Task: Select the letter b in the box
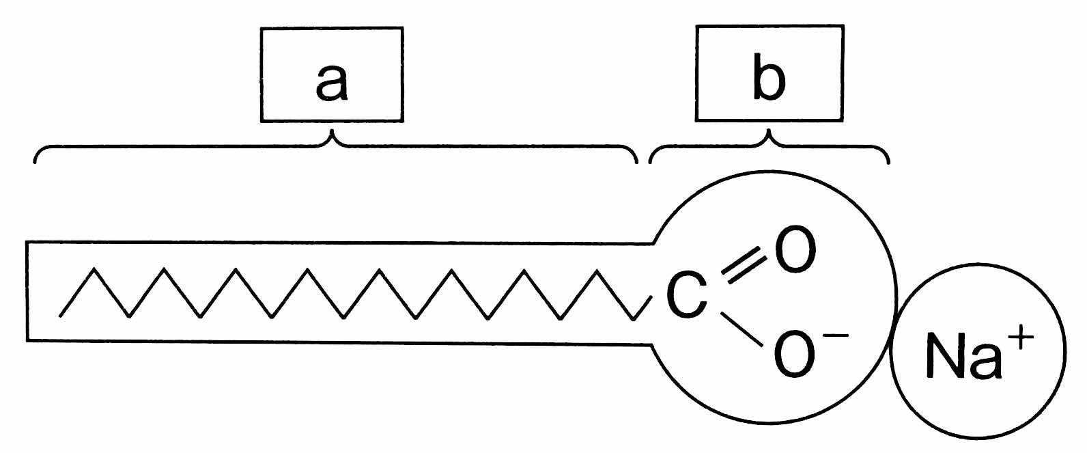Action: pyautogui.click(x=769, y=81)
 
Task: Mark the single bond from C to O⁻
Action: pyautogui.click(x=742, y=329)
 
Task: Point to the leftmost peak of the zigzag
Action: pyautogui.click(x=94, y=270)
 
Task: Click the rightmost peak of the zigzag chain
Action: pyautogui.click(x=598, y=271)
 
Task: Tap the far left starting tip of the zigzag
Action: pyautogui.click(x=60, y=316)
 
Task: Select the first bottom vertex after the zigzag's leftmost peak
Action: pyautogui.click(x=129, y=317)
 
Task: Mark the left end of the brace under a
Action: pyautogui.click(x=36, y=163)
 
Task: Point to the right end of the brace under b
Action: pyautogui.click(x=888, y=163)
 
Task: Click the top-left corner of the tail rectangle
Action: pyautogui.click(x=27, y=242)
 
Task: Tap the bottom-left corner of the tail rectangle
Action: pyautogui.click(x=27, y=340)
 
